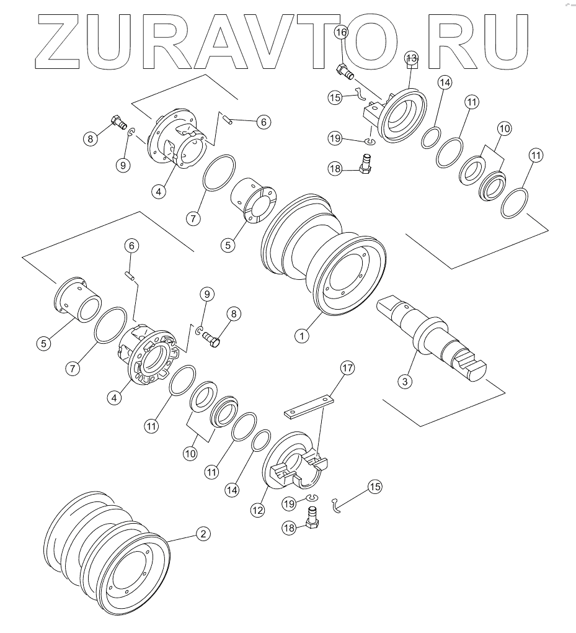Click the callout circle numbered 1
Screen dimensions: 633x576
tap(302, 336)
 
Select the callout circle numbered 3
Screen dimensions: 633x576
tap(404, 381)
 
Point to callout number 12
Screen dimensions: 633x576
tap(258, 510)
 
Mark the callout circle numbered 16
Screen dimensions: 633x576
tap(341, 32)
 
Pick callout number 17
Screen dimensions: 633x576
tap(345, 368)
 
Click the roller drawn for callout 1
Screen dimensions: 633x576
tap(322, 248)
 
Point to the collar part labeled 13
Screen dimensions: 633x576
tap(400, 115)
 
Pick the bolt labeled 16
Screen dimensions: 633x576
tap(345, 72)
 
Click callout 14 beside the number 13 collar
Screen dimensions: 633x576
tap(444, 83)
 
